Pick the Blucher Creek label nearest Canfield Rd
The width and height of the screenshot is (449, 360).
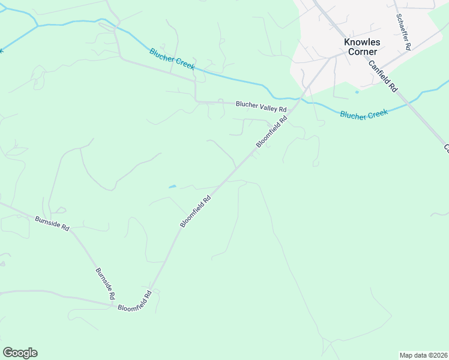(x=364, y=114)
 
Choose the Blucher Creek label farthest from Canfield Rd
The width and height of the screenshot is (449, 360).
(x=172, y=59)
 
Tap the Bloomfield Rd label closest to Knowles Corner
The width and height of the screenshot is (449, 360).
(x=272, y=131)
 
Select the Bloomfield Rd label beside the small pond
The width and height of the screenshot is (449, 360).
(x=196, y=211)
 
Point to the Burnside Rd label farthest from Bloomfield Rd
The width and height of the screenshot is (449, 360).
(x=52, y=223)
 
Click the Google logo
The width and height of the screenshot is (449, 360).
(x=20, y=353)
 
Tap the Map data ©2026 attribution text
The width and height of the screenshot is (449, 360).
(x=423, y=355)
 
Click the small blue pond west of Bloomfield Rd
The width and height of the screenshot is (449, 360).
(x=173, y=187)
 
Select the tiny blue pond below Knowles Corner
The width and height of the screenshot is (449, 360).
(x=357, y=92)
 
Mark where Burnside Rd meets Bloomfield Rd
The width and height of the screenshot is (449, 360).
(x=114, y=305)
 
